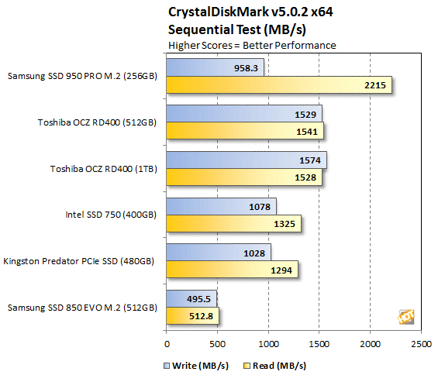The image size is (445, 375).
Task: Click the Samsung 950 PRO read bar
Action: (x=279, y=84)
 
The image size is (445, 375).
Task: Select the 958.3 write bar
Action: (x=215, y=67)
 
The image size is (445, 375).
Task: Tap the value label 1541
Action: (x=307, y=132)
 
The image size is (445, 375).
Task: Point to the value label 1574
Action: (x=310, y=160)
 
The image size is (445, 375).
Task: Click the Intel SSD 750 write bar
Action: (x=222, y=206)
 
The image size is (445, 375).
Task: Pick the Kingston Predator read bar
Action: (x=232, y=270)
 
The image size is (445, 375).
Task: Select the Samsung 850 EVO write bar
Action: (x=191, y=299)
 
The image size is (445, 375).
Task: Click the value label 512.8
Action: (x=201, y=316)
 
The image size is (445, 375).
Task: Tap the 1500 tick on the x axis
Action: (x=319, y=344)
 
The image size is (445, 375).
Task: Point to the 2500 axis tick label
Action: (x=421, y=344)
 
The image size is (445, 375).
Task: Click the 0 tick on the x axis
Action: (x=167, y=344)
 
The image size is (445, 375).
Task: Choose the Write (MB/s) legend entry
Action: (x=196, y=366)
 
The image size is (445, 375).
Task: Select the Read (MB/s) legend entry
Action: (x=275, y=366)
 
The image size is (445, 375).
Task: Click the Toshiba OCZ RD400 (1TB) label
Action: (x=104, y=169)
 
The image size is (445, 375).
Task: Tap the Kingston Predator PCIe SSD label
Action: (x=78, y=261)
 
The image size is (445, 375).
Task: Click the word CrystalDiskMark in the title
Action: (x=219, y=12)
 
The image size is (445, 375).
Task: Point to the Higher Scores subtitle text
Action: (x=200, y=46)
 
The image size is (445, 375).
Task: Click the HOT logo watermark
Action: (x=406, y=317)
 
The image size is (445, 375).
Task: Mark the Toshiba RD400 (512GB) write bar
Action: (x=244, y=113)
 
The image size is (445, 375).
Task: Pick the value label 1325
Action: (x=285, y=224)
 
